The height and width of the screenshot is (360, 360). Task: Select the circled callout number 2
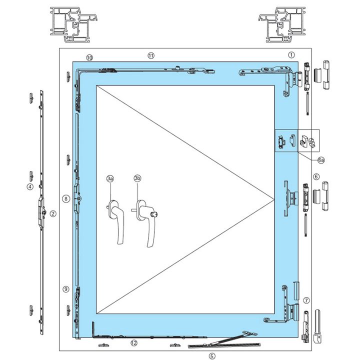53,213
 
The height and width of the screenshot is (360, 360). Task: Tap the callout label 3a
110,178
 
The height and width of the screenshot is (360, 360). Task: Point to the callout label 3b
137,178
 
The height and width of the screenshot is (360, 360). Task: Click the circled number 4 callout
30,186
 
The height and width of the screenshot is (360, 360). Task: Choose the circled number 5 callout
212,356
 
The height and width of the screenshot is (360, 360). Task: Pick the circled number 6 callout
316,176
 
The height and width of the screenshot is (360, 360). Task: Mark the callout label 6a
321,159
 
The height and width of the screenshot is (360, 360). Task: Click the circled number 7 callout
306,300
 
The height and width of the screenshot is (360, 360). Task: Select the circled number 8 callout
65,198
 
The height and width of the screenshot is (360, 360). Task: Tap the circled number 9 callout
65,289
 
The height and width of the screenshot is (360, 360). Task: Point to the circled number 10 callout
89,57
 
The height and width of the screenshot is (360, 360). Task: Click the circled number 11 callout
151,55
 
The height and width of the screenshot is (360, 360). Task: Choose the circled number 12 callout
133,343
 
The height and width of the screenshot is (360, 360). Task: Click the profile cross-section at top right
283,24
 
